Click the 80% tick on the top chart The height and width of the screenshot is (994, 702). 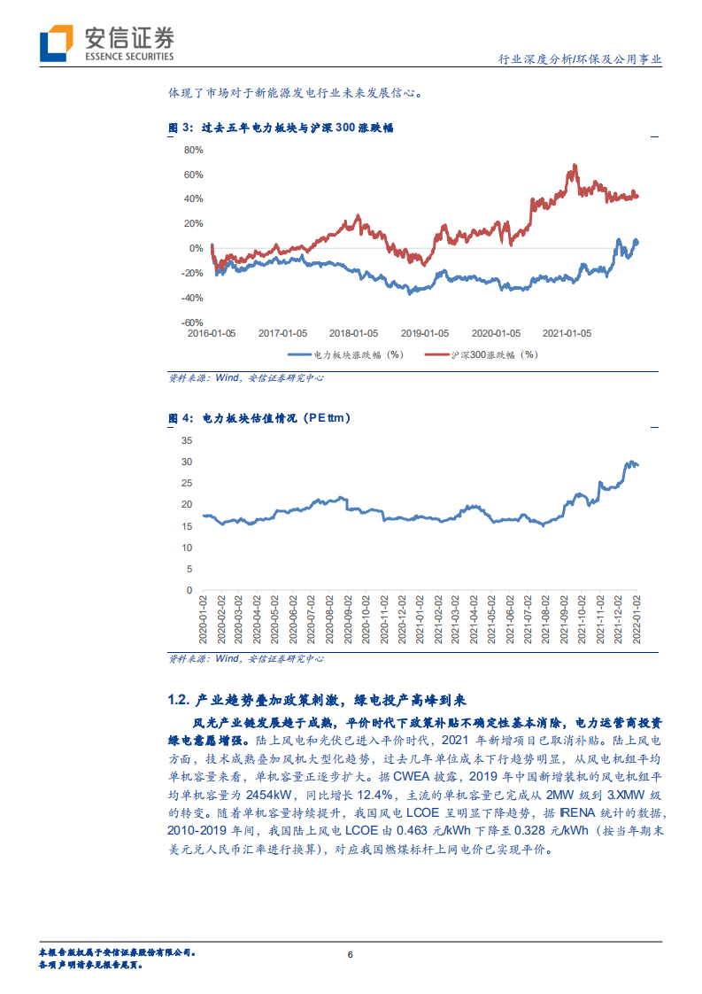(194, 150)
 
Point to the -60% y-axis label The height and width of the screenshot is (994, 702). (192, 322)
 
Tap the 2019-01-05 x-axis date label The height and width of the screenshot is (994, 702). (425, 334)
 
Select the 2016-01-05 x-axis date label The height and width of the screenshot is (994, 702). (212, 334)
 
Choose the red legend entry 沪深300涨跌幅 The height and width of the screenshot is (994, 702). (487, 354)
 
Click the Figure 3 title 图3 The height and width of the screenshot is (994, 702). (180, 128)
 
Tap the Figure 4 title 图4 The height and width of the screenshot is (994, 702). (180, 417)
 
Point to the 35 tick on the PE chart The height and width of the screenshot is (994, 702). (187, 440)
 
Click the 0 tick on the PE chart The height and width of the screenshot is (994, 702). (189, 590)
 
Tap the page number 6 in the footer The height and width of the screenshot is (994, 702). (351, 954)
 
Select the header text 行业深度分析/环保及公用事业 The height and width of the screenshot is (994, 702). (580, 59)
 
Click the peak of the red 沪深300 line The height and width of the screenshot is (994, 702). (575, 165)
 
